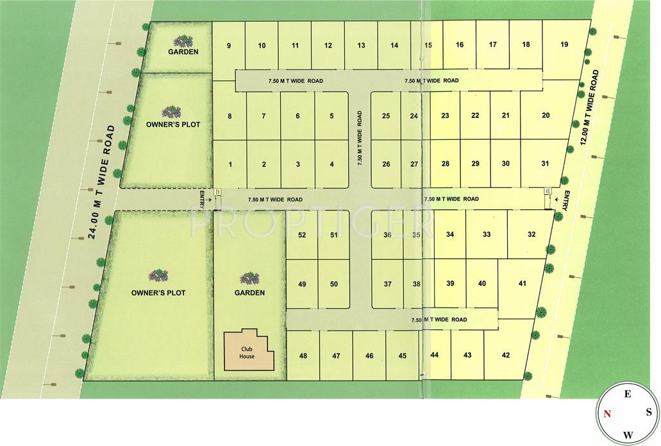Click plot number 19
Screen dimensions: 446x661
[564, 44]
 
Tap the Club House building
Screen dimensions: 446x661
[247, 352]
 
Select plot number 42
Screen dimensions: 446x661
[506, 355]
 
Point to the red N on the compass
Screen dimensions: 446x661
[607, 413]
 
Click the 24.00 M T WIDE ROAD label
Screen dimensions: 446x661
[102, 183]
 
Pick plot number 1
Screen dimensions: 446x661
[230, 165]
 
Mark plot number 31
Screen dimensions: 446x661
[545, 164]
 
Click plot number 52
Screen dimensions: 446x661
[302, 236]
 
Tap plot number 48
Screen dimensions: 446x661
[303, 356]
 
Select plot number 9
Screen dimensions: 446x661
[229, 46]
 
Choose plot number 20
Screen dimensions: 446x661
[546, 116]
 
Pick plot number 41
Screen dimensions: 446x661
[523, 284]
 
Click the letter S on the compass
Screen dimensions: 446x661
[648, 413]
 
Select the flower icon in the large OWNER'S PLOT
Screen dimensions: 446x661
[158, 276]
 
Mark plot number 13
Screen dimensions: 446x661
[361, 46]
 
